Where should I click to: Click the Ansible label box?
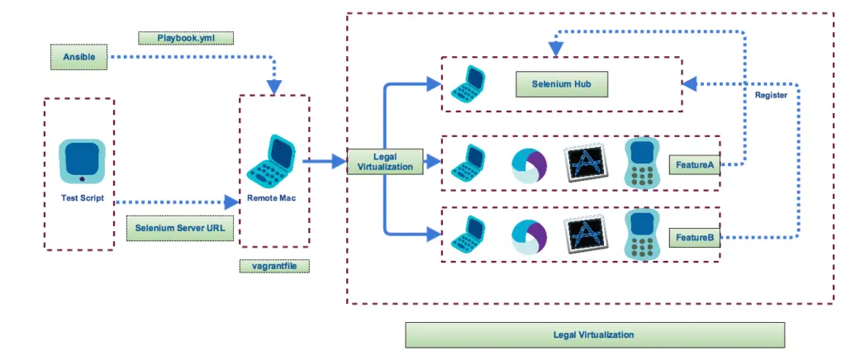[79, 57]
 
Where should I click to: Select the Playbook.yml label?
[185, 38]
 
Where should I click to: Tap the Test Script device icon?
[81, 162]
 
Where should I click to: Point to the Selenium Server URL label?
[180, 228]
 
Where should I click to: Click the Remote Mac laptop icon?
[272, 164]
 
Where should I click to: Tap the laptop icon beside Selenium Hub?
[468, 83]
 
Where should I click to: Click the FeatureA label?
[694, 164]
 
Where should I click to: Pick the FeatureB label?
[694, 238]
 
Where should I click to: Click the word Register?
[771, 96]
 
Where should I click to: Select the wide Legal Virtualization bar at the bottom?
[593, 334]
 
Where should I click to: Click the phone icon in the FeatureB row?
[640, 234]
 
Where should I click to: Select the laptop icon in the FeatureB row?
[468, 234]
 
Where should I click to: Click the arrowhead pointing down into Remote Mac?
[273, 87]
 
